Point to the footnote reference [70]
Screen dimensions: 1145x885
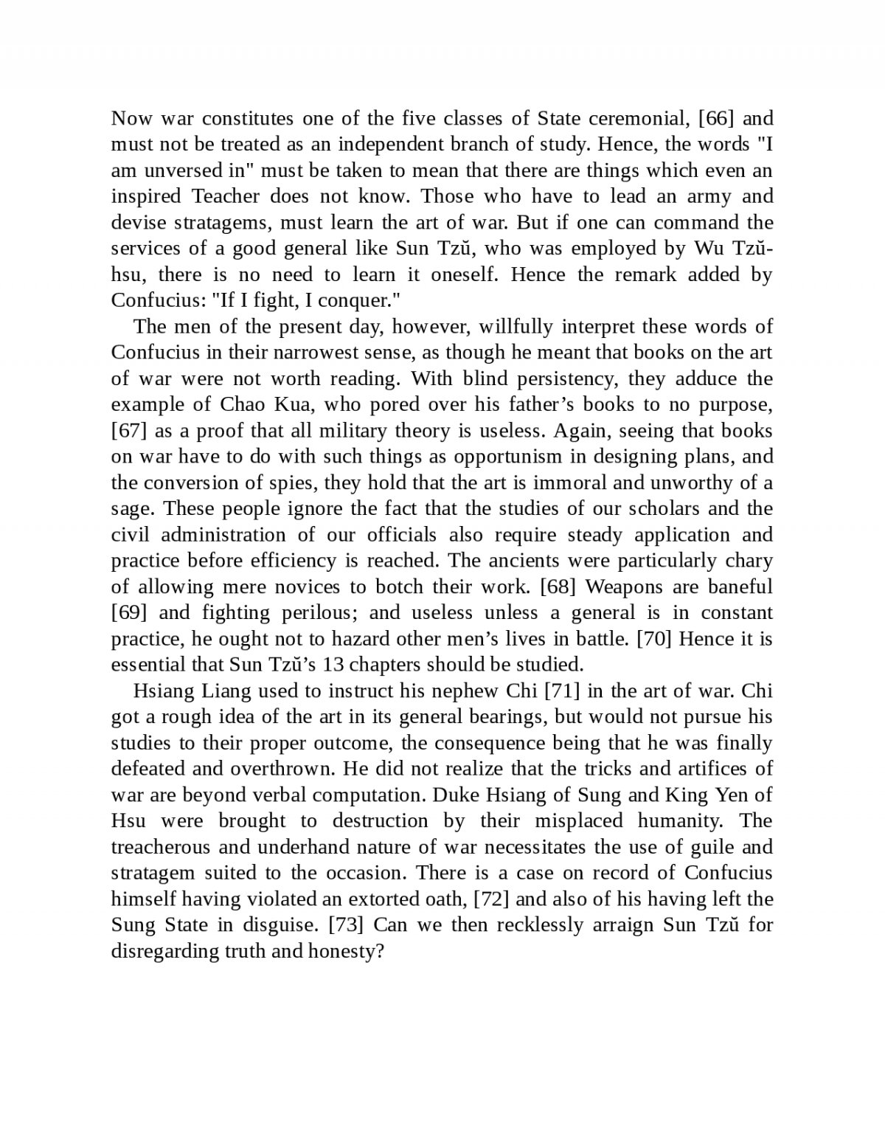coord(654,639)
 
